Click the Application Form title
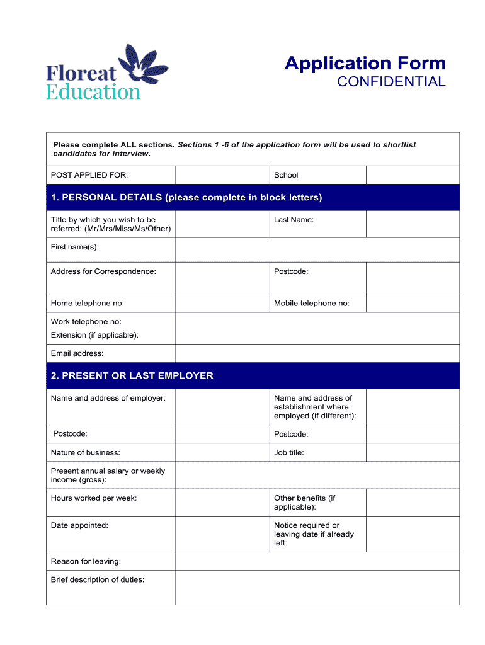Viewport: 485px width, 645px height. click(365, 63)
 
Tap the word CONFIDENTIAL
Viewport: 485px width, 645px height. click(391, 82)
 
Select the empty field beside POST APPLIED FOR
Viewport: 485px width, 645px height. click(222, 175)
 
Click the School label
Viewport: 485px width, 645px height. click(286, 175)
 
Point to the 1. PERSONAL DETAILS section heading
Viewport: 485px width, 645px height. click(186, 198)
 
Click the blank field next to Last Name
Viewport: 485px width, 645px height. click(413, 224)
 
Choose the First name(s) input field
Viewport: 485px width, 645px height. click(317, 249)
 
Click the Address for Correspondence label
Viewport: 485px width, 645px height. click(103, 271)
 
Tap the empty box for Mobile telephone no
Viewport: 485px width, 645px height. click(413, 303)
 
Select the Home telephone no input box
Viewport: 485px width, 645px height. click(222, 303)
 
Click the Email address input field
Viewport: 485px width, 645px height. click(317, 353)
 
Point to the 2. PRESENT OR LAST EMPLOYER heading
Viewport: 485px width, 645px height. click(132, 376)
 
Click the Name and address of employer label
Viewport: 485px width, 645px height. click(108, 398)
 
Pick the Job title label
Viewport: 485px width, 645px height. click(289, 452)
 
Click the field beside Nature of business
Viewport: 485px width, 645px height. click(222, 452)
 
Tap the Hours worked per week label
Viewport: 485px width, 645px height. click(94, 498)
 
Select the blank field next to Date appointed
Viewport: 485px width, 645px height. click(222, 534)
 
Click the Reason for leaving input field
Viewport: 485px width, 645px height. click(317, 561)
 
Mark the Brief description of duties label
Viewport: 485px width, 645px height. click(98, 579)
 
